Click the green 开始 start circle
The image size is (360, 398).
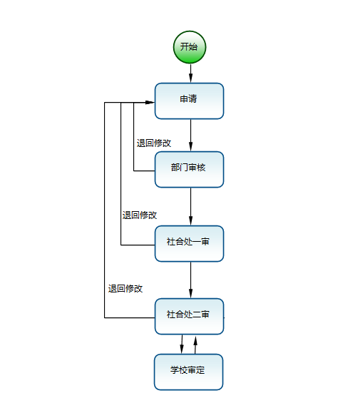[190, 47]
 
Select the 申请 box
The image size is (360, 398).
[189, 101]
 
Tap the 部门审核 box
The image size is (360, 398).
[189, 170]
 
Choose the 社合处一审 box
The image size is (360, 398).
[189, 244]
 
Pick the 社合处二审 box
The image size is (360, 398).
[189, 317]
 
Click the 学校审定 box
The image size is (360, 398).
[188, 372]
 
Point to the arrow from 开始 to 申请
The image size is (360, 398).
[190, 73]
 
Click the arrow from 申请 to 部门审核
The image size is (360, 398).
[190, 136]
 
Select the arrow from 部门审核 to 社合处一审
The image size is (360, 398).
[190, 207]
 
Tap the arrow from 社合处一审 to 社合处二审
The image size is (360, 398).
[190, 280]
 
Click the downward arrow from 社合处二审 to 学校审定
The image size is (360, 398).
[182, 345]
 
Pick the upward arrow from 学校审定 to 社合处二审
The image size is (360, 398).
[195, 345]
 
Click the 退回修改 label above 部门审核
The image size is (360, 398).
[154, 143]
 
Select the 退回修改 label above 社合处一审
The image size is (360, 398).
[140, 215]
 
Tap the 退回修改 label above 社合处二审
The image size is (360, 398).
[125, 289]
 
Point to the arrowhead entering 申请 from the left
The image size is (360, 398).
[150, 102]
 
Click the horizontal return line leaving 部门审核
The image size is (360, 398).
[144, 170]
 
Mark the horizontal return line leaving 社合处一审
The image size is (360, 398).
[138, 245]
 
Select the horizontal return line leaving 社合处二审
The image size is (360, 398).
[130, 317]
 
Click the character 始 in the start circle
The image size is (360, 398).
[193, 46]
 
